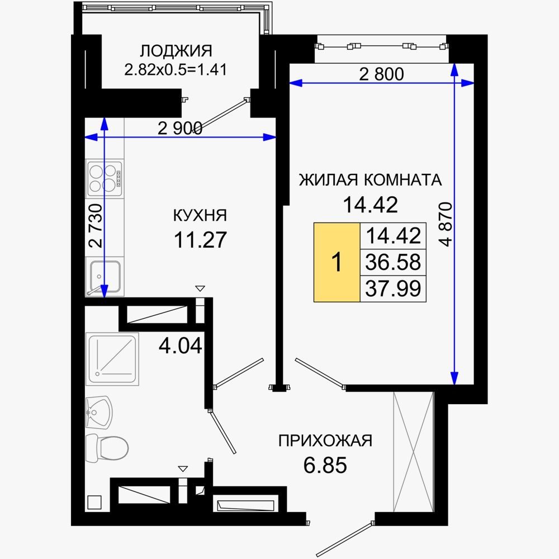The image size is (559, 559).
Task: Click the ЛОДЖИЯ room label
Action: point(176,51)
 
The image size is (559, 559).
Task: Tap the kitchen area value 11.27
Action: point(200,240)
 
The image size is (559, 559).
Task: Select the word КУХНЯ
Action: point(200,215)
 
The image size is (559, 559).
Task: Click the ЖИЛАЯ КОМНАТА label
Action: point(370,179)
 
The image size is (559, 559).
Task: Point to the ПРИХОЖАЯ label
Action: point(325,440)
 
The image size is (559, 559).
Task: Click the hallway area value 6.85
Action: point(325,465)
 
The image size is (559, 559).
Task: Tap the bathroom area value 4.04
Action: point(181,345)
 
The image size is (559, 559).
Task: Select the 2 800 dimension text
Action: point(381,74)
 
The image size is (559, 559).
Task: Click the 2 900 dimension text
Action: point(180,128)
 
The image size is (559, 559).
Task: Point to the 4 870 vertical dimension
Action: point(446,224)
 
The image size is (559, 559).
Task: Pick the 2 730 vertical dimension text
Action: point(96,226)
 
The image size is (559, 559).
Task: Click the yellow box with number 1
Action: point(337,262)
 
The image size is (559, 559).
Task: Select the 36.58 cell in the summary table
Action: point(393,262)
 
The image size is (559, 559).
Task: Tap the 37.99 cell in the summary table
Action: point(393,288)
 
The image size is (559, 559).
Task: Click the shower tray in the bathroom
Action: point(112,359)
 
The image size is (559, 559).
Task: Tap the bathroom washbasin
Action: point(99,413)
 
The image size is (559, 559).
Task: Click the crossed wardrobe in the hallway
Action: point(413,452)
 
